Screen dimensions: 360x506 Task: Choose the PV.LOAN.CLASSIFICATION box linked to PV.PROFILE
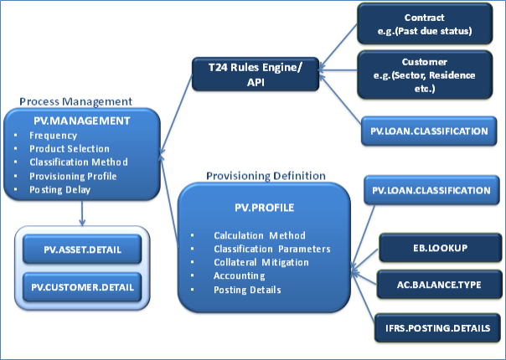(x=429, y=191)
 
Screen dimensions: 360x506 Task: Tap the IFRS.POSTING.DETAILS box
(x=433, y=325)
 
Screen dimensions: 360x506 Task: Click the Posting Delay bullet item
(x=62, y=189)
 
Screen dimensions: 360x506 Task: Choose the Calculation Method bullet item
(x=259, y=235)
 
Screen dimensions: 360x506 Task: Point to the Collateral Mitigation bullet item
(x=260, y=262)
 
